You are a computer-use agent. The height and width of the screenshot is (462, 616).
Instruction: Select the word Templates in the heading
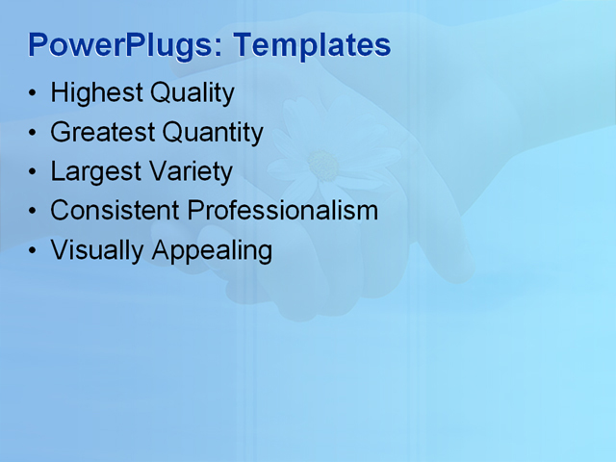[x=312, y=45]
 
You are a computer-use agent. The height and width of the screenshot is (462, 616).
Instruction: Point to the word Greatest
[x=102, y=132]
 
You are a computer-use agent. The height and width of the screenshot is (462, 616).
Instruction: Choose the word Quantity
[x=213, y=132]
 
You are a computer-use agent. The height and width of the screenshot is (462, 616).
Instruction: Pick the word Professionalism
[x=283, y=210]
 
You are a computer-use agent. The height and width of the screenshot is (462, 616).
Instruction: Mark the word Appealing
[x=212, y=250]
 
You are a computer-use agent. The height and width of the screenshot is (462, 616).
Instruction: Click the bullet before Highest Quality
[x=34, y=94]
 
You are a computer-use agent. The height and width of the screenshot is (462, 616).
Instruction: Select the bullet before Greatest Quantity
[x=34, y=133]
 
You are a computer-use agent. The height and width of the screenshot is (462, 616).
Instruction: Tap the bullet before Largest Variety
[x=34, y=172]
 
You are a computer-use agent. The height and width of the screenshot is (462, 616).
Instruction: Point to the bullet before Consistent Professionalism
[x=34, y=211]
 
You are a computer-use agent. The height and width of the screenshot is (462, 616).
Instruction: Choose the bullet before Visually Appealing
[x=34, y=250]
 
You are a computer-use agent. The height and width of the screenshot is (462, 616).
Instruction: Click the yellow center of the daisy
[x=323, y=166]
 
